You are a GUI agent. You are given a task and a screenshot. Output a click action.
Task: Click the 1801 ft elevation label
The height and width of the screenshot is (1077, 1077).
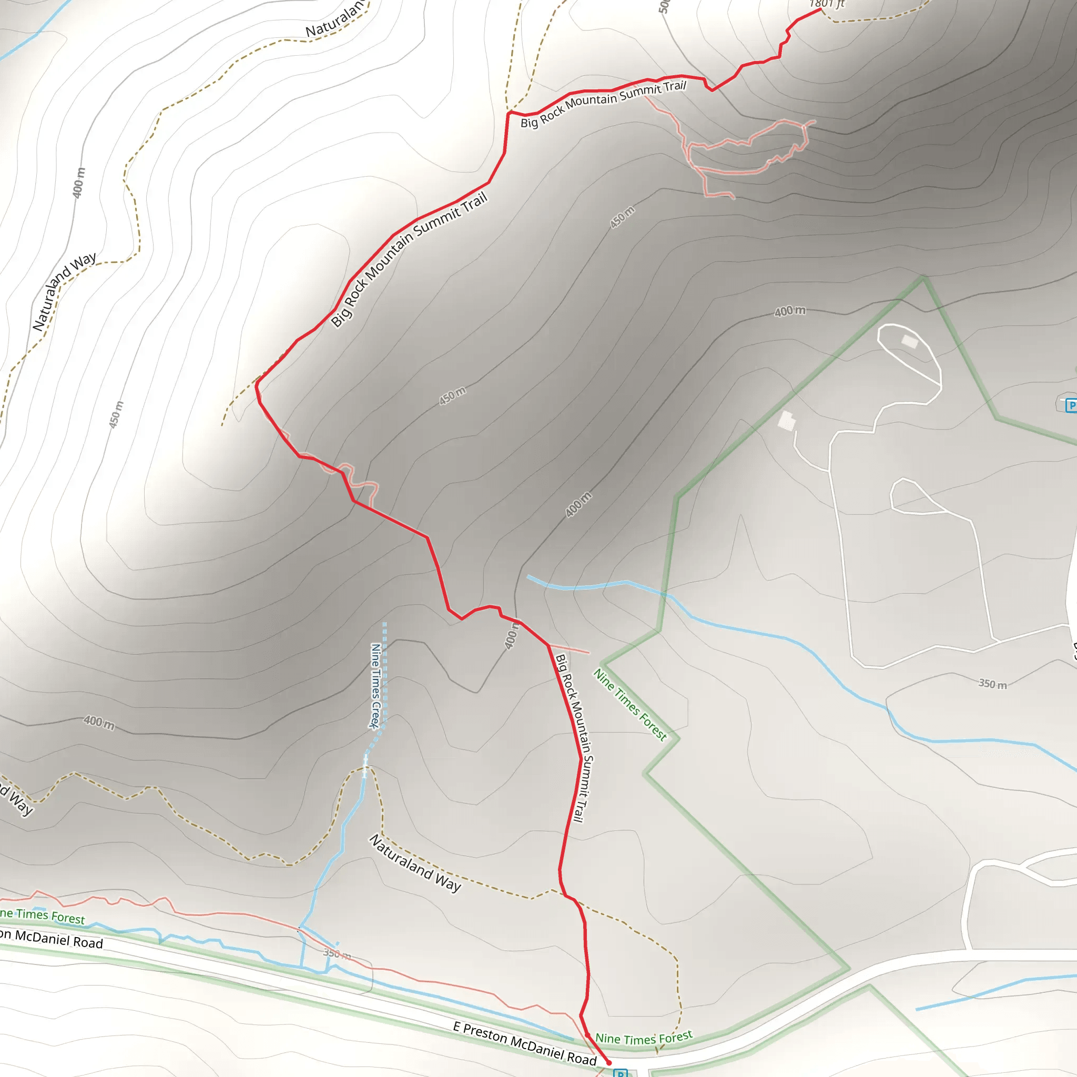(827, 4)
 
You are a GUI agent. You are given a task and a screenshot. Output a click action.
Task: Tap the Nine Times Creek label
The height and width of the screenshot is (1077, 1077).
(375, 686)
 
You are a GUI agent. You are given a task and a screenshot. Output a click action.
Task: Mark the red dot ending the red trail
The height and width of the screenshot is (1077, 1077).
(609, 1063)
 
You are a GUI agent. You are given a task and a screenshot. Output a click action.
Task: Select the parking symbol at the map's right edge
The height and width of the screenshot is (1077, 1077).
(1071, 405)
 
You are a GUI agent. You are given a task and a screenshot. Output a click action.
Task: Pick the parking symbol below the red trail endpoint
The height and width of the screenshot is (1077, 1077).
(620, 1073)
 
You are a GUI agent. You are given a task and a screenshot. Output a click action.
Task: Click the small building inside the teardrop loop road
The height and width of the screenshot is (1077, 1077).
(910, 341)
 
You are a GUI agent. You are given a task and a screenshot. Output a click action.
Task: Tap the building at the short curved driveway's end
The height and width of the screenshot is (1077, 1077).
(786, 421)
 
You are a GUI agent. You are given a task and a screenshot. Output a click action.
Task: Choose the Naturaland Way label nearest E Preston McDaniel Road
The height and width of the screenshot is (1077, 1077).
(415, 863)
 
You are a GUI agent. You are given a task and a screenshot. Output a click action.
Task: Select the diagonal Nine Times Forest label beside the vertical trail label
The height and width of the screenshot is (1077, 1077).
(630, 705)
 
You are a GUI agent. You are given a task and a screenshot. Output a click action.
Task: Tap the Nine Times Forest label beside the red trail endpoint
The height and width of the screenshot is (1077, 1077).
(644, 1038)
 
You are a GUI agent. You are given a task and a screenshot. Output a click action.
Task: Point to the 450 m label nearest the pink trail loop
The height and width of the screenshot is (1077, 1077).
(622, 217)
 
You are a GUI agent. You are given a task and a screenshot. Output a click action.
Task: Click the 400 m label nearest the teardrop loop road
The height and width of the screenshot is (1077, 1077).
(789, 311)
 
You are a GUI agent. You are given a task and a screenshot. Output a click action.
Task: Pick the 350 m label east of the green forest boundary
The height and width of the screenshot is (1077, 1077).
(993, 684)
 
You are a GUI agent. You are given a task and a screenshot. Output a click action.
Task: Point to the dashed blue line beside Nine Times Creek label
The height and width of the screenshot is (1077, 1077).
(384, 675)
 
